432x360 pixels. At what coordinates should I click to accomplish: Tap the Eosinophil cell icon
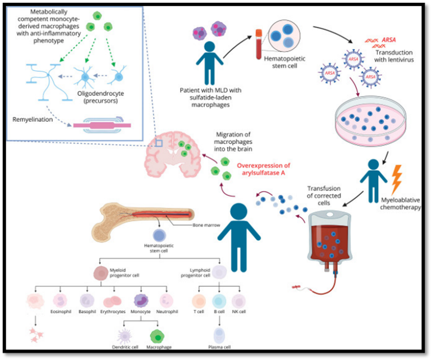click(60, 302)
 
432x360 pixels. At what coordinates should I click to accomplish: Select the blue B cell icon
click(220, 302)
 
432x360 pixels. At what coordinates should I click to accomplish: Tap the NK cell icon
click(239, 302)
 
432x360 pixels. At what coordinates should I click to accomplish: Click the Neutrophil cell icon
click(167, 302)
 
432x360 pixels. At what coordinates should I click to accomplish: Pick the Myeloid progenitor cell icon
click(101, 274)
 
